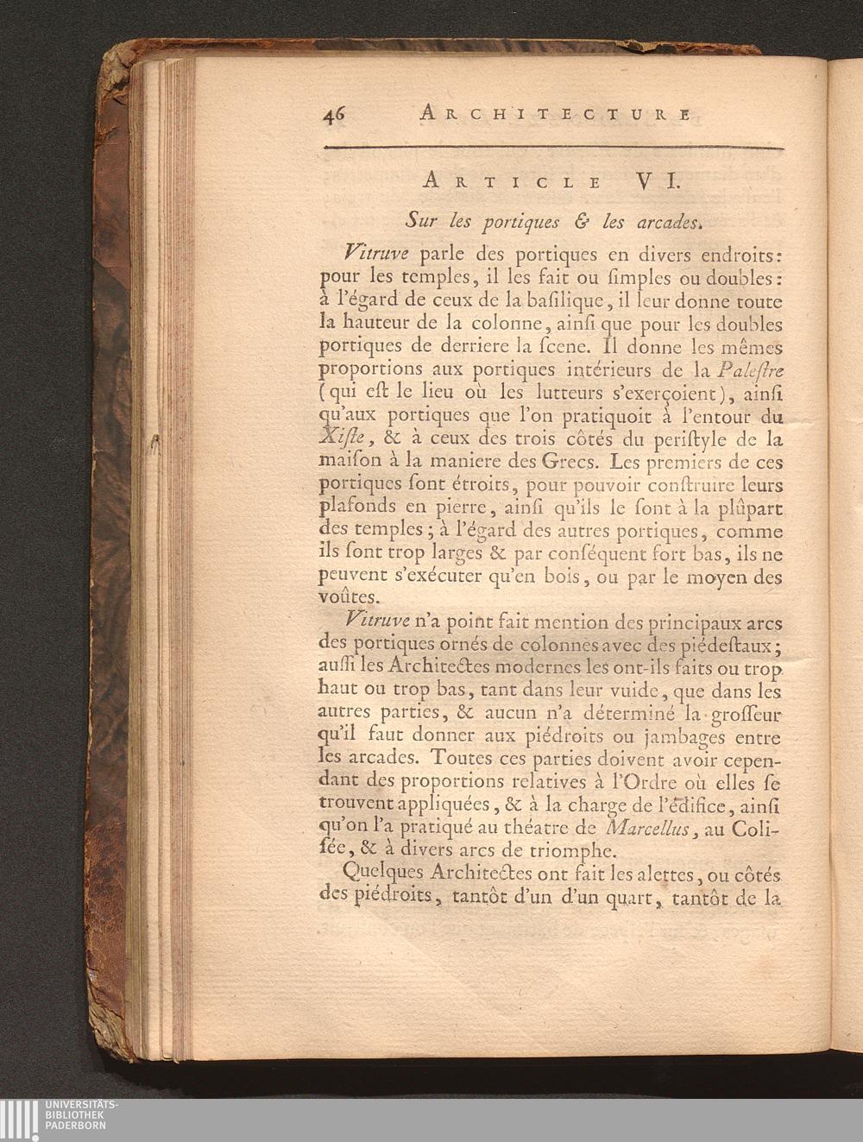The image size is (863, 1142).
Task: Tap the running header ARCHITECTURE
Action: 554,113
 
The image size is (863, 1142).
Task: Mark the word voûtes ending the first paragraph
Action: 348,597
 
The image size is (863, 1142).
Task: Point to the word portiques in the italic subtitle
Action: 511,222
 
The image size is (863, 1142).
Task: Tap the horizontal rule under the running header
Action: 553,148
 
